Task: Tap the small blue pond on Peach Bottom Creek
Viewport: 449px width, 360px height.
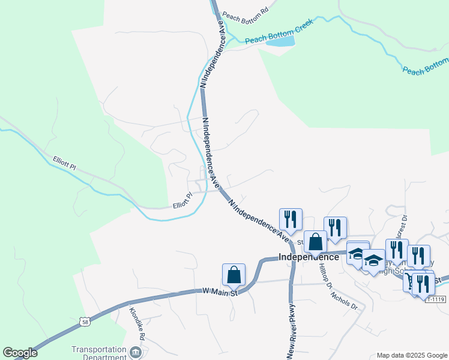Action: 280,41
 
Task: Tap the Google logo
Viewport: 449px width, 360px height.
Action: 20,353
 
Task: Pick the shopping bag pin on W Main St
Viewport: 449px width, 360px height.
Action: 234,275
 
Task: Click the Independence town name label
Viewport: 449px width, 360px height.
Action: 310,257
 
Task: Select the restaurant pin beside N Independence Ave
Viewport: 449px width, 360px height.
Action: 291,220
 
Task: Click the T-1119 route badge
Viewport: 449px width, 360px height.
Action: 437,298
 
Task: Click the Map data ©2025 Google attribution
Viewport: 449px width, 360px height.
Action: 411,355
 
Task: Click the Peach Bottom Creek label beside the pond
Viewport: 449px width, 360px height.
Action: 272,38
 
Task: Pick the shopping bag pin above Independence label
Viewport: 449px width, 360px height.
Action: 315,242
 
